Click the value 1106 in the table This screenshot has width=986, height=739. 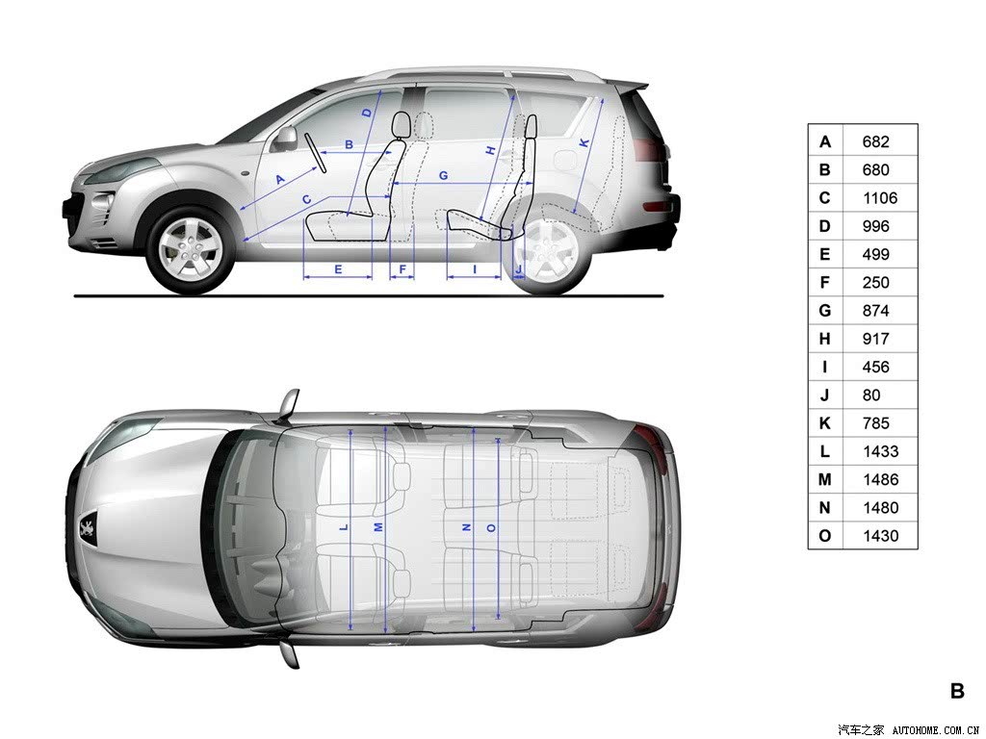click(880, 198)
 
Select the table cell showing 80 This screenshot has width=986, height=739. click(871, 395)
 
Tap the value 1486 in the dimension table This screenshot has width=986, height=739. click(880, 479)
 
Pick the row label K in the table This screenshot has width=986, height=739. click(825, 423)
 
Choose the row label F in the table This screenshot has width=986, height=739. click(825, 283)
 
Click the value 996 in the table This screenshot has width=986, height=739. click(876, 226)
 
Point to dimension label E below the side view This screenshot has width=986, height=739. click(338, 269)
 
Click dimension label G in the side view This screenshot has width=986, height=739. click(443, 175)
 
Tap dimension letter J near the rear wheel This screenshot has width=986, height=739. click(519, 269)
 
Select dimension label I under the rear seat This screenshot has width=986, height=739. click(475, 269)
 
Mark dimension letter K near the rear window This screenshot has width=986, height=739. click(584, 143)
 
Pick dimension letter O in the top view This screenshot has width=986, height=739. click(491, 528)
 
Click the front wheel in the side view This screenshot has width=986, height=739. click(190, 248)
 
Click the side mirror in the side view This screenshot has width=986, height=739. click(285, 137)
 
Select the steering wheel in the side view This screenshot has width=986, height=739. click(315, 152)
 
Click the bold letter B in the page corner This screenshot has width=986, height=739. click(957, 691)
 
